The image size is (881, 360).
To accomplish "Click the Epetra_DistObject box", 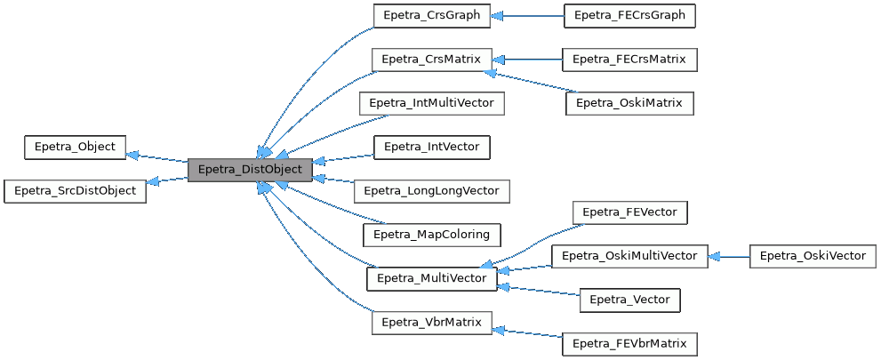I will point(250,169).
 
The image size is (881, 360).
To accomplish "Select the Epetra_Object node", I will point(75,147).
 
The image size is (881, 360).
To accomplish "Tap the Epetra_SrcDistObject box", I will point(75,190).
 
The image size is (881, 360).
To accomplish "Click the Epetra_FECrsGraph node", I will point(629,15).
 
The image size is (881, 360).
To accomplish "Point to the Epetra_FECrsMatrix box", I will point(629,60).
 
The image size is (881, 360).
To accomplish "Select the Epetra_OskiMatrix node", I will point(629,103).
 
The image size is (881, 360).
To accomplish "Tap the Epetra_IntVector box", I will point(431,147).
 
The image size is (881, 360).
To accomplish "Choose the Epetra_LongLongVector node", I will point(431,190).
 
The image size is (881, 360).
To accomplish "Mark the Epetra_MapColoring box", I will point(431,235).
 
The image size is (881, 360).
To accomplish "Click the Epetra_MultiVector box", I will point(431,278).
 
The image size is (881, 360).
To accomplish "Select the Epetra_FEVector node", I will point(629,212).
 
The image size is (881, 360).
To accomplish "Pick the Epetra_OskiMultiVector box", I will point(629,256).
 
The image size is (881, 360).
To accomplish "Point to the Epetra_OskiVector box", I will point(812,256).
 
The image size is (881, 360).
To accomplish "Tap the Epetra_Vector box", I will point(629,300).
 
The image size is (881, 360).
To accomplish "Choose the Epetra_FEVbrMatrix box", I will point(629,343).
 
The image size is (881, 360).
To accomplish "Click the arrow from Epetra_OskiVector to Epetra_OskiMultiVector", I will point(729,257).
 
